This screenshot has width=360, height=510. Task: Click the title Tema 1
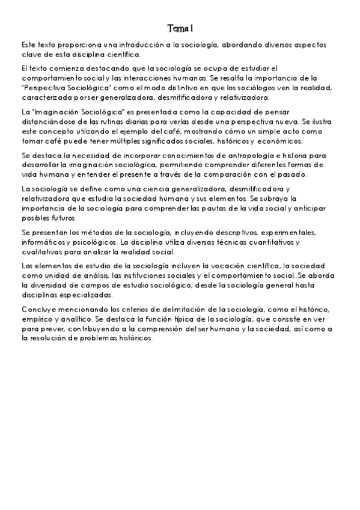pyautogui.click(x=180, y=28)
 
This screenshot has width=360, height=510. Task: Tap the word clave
pyautogui.click(x=31, y=55)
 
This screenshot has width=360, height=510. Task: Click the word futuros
pyautogui.click(x=62, y=218)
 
